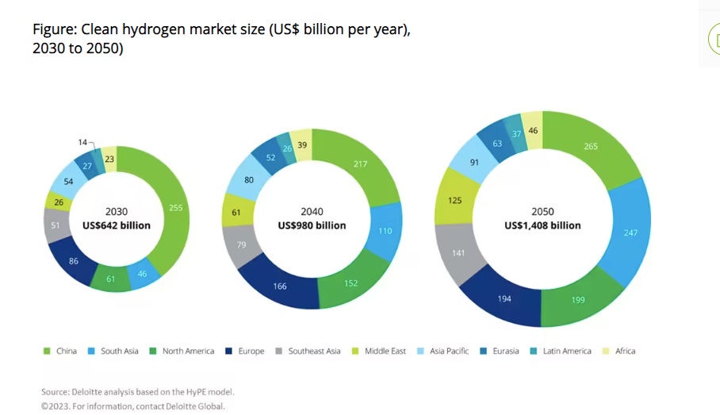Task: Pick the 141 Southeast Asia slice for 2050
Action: pyautogui.click(x=458, y=255)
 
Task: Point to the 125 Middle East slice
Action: pyautogui.click(x=454, y=201)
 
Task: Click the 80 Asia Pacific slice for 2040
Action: pyautogui.click(x=248, y=180)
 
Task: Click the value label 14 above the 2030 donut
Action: pyautogui.click(x=82, y=142)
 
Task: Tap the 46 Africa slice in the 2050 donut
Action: pyautogui.click(x=533, y=130)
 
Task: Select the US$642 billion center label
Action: pyautogui.click(x=116, y=225)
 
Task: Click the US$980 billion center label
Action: pyautogui.click(x=312, y=225)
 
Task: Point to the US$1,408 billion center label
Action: pyautogui.click(x=542, y=225)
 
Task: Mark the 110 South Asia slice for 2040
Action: pyautogui.click(x=384, y=230)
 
